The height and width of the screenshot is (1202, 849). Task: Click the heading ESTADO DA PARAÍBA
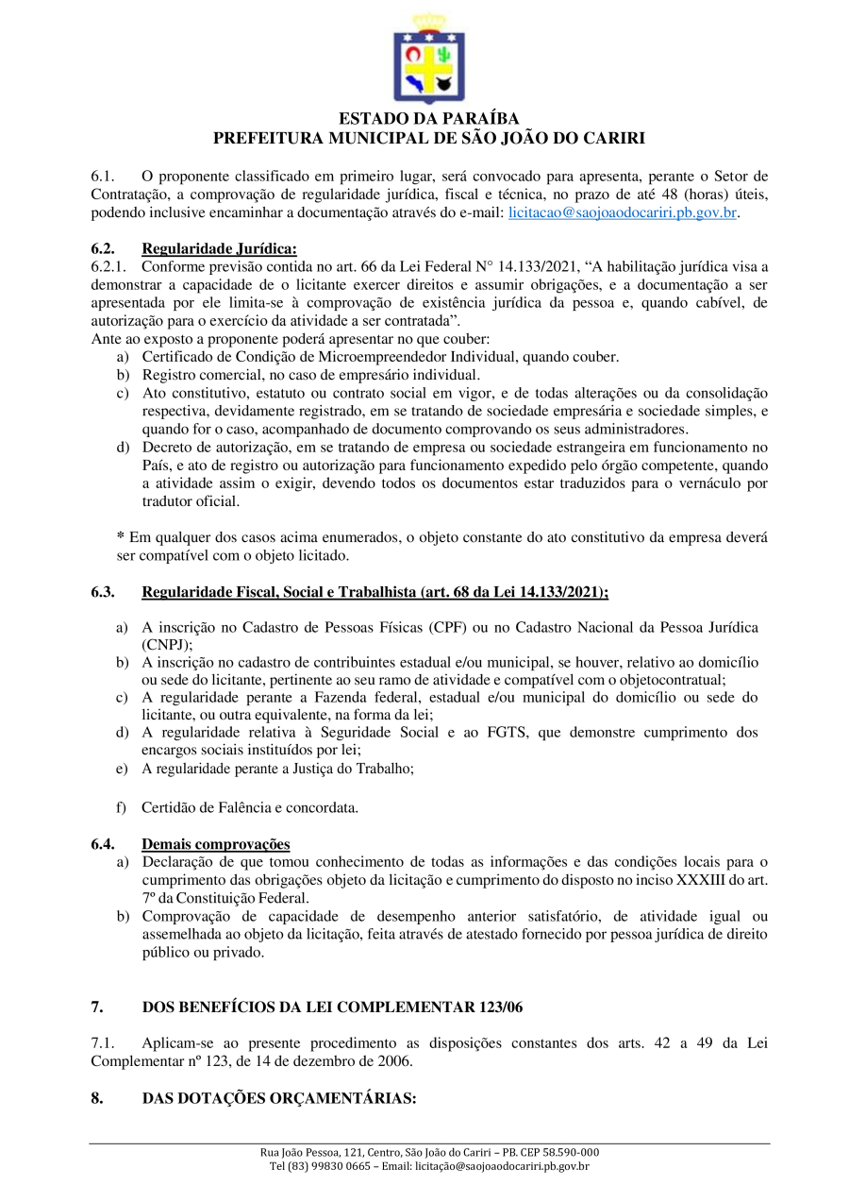tap(429, 119)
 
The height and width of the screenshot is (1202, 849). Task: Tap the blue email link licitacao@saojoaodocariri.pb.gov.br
tap(622, 213)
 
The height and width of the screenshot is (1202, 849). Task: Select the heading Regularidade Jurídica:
tap(219, 249)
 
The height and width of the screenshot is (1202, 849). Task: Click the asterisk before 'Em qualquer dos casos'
tap(120, 537)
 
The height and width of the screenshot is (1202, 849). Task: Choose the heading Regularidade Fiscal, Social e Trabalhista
tap(375, 592)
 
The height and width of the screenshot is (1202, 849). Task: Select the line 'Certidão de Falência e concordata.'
tap(250, 807)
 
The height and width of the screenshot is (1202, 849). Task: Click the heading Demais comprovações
tap(215, 844)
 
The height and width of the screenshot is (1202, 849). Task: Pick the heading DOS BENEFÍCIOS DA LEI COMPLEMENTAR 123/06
tap(332, 1007)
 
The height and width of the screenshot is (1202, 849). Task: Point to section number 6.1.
tap(102, 177)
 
